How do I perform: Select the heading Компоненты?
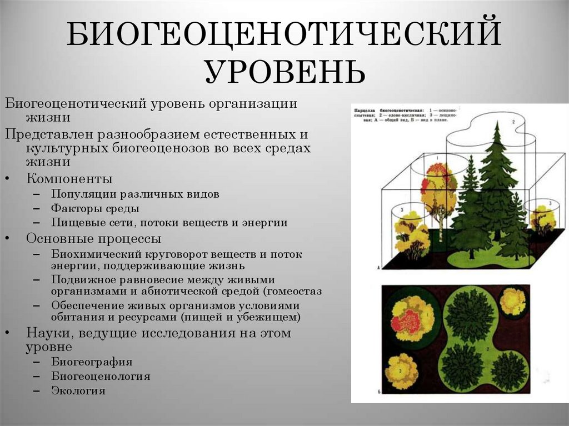[69, 179]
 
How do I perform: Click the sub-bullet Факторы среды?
[95, 209]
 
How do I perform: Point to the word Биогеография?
[92, 362]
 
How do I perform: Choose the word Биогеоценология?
[101, 376]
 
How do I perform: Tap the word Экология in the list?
[78, 390]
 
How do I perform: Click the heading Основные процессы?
[94, 239]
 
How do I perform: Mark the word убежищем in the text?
[272, 318]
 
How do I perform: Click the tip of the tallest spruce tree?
[497, 126]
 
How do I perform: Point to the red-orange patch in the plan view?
[409, 322]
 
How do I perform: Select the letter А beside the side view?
[378, 268]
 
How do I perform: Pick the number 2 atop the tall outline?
[513, 121]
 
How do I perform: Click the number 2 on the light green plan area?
[487, 349]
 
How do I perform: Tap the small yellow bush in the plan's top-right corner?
[512, 302]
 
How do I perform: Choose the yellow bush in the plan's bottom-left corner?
[401, 370]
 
